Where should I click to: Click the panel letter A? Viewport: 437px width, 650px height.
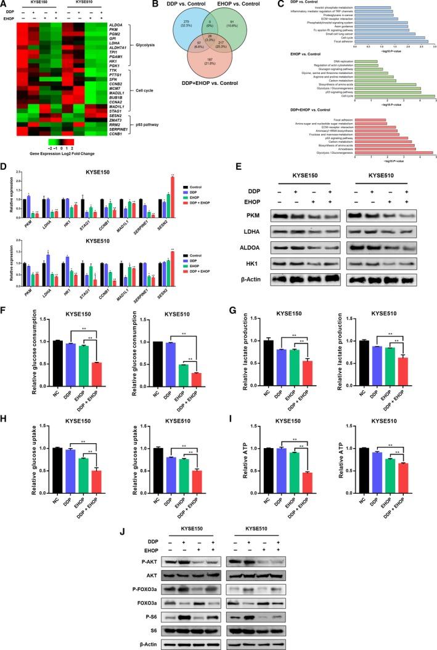[x=4, y=4]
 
